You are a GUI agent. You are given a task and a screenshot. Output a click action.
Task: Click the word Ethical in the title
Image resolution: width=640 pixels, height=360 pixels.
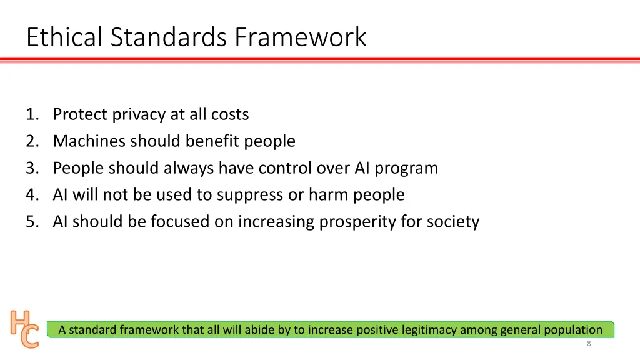(x=66, y=37)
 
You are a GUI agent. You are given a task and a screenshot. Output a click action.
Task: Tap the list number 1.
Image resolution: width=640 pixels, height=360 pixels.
(x=32, y=114)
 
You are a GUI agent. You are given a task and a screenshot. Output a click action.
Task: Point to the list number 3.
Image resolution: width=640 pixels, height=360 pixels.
(x=32, y=168)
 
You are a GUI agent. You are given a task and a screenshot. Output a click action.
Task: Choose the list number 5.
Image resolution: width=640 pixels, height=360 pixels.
(x=32, y=222)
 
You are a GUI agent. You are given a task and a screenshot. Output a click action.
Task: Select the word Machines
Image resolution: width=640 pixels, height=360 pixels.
(x=89, y=141)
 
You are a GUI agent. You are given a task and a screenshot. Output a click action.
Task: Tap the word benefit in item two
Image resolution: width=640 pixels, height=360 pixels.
(x=211, y=141)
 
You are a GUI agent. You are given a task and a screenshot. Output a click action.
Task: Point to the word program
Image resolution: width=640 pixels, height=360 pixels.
(x=406, y=169)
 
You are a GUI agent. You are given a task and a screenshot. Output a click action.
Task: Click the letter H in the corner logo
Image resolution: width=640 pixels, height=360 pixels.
(x=19, y=321)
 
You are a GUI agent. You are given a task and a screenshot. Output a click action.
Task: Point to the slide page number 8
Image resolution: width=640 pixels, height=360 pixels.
(x=589, y=344)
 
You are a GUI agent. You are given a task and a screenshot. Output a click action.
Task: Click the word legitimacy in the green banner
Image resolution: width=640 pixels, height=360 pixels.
(x=425, y=330)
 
